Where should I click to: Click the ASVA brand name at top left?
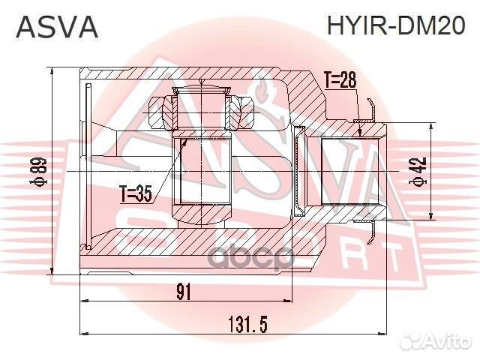coord(57,27)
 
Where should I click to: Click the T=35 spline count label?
coord(136,195)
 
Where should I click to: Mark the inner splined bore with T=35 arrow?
coord(203,170)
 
